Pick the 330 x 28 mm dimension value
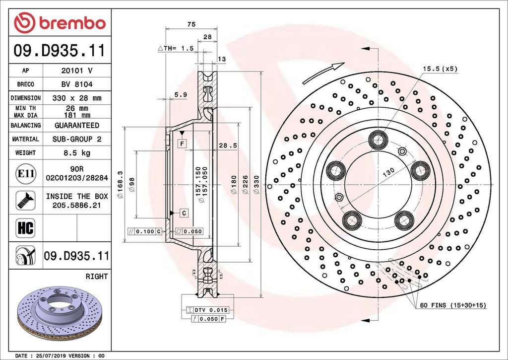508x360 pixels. [76, 98]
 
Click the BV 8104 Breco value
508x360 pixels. [76, 84]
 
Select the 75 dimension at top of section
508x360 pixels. [191, 24]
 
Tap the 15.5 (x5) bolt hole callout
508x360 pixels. [440, 69]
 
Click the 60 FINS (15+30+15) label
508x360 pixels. [453, 305]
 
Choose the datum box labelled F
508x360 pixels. [183, 144]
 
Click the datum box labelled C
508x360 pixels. [183, 213]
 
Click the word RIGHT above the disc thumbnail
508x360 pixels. [96, 277]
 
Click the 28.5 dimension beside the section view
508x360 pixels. [228, 145]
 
